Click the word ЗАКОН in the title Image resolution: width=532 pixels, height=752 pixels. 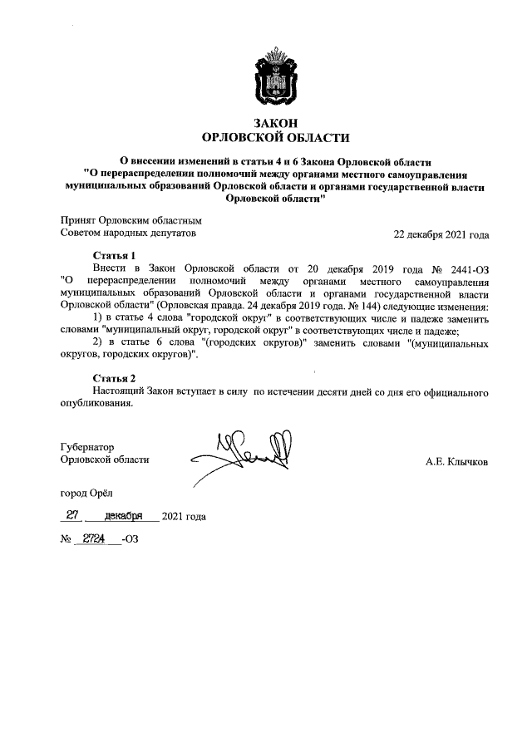(x=276, y=123)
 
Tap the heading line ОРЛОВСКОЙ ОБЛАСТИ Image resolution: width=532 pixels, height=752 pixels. (x=276, y=138)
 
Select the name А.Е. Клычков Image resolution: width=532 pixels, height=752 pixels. (x=457, y=460)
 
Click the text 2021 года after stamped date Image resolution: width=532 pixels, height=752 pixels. (x=184, y=517)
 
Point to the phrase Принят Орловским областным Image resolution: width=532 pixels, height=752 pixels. (x=131, y=220)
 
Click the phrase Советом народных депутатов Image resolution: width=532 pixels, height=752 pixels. (x=129, y=234)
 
